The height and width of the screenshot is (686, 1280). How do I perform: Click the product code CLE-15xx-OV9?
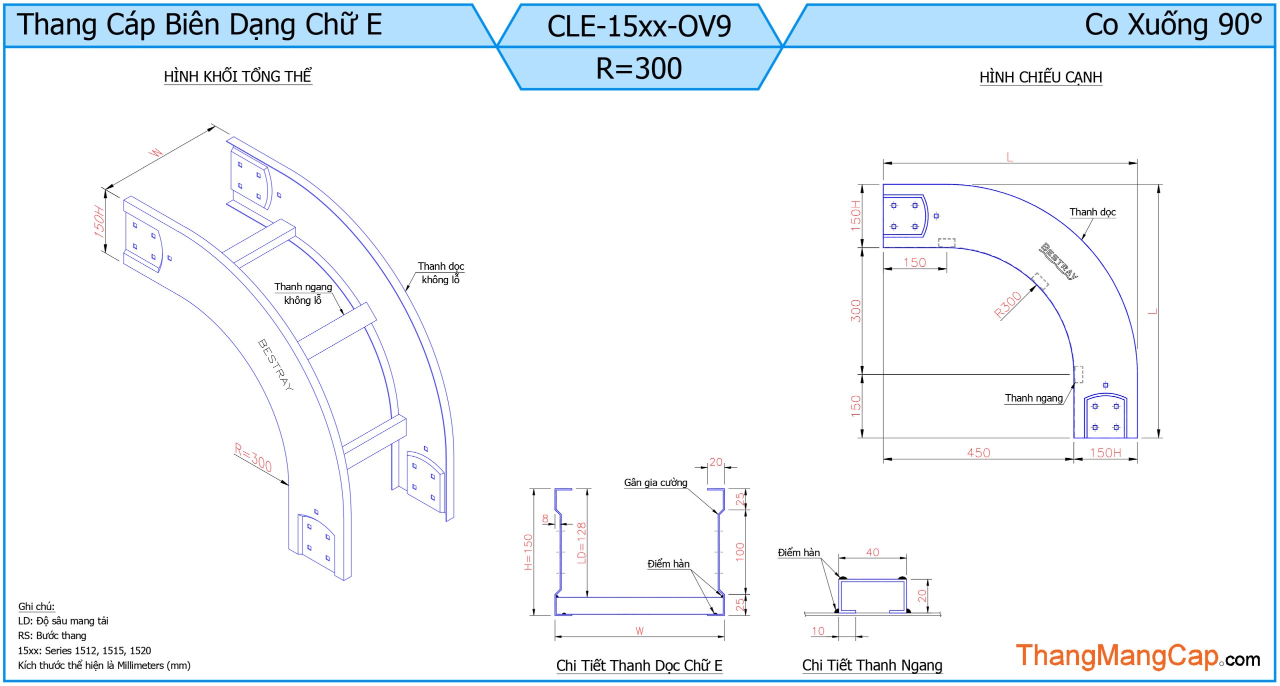639,26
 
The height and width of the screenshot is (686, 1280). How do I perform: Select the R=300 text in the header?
639,68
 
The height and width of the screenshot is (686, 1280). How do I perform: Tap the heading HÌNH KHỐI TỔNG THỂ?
237,76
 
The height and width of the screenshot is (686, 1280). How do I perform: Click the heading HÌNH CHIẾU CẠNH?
1040,77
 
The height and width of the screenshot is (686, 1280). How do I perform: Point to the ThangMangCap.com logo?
1137,656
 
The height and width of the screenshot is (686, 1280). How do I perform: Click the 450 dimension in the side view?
978,453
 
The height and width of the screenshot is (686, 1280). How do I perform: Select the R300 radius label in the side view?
1007,305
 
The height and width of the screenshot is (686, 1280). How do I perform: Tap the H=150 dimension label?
528,552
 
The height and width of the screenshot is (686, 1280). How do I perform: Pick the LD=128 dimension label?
581,543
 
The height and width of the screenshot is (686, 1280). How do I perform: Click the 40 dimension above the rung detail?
872,552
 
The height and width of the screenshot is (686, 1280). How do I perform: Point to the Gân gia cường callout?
655,483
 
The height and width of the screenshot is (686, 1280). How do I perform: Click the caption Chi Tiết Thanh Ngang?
872,666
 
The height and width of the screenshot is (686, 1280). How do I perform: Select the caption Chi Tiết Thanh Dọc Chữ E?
639,666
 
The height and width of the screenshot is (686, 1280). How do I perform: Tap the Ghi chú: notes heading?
36,607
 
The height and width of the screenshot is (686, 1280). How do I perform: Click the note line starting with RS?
52,636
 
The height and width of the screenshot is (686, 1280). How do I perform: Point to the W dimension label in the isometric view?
156,152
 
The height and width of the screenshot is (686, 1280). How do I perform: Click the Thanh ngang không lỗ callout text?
303,293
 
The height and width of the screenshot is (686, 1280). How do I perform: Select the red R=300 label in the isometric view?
253,457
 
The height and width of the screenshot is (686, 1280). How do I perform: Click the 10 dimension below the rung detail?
818,631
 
